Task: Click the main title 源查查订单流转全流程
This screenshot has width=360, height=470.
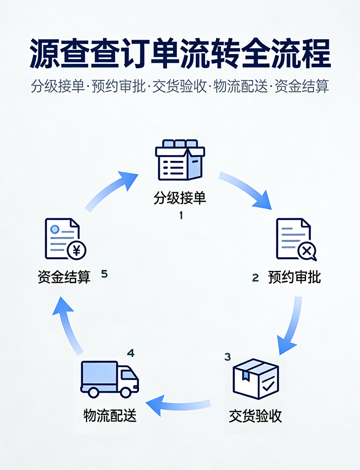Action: pos(180,52)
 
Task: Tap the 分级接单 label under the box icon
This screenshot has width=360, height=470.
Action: pos(180,198)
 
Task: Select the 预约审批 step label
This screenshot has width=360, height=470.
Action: pos(294,278)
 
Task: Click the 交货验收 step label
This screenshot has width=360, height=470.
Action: pos(256,415)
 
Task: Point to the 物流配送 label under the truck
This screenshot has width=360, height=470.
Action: pos(111,415)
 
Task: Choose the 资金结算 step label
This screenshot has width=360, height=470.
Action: pos(64,278)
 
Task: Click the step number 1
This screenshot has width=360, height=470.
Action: pos(181,216)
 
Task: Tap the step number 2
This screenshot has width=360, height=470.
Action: pos(255,278)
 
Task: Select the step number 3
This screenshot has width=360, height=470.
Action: pos(228,357)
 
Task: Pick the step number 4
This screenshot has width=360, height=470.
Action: pos(131,353)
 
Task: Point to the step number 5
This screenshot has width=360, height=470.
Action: pos(104,274)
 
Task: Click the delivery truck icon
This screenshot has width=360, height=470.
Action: pos(110,379)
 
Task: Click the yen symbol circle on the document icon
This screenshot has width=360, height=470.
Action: pos(77,251)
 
